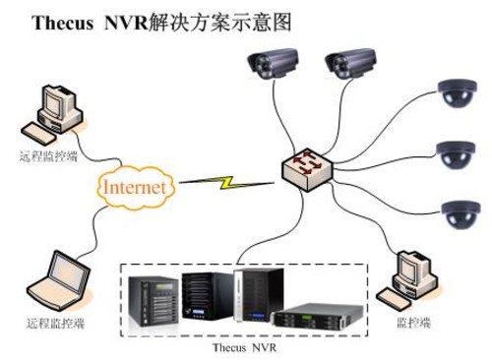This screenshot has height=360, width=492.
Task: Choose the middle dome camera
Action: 460,153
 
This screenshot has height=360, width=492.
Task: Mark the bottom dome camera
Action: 460,212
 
